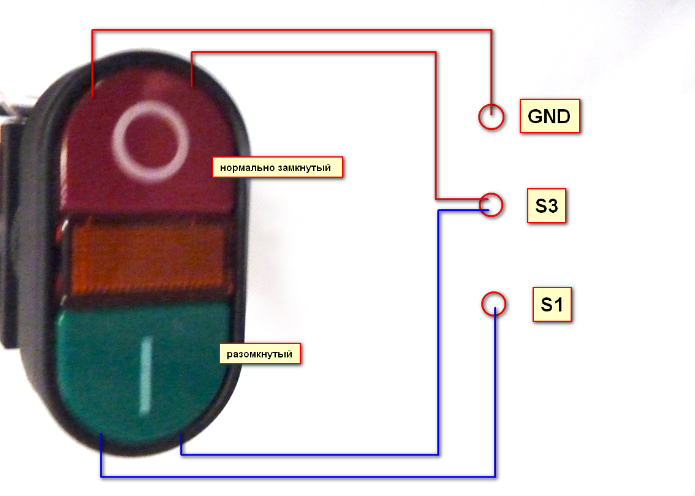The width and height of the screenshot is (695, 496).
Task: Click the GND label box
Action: pyautogui.click(x=549, y=116)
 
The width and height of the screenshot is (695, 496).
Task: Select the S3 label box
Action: pyautogui.click(x=546, y=207)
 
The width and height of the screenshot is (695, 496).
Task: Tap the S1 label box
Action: pyautogui.click(x=552, y=304)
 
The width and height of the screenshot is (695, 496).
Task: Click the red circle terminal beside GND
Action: pyautogui.click(x=491, y=116)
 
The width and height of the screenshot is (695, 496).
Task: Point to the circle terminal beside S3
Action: pyautogui.click(x=491, y=205)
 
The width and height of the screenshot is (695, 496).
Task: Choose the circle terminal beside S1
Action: pyautogui.click(x=493, y=304)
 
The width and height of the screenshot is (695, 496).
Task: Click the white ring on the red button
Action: pyautogui.click(x=151, y=143)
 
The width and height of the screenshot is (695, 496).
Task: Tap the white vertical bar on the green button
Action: pyautogui.click(x=145, y=373)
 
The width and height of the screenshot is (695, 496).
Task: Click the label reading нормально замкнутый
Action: pyautogui.click(x=277, y=167)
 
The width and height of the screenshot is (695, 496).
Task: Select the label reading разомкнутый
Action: pyautogui.click(x=260, y=354)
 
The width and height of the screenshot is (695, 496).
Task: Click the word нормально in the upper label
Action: pyautogui.click(x=247, y=167)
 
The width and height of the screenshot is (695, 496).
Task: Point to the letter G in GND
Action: pyautogui.click(x=534, y=116)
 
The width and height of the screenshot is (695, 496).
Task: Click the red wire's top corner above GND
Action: pyautogui.click(x=491, y=29)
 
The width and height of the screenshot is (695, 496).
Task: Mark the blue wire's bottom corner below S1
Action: pyautogui.click(x=494, y=476)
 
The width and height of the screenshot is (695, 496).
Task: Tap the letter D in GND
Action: pyautogui.click(x=564, y=116)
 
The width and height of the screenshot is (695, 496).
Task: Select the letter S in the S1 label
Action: pyautogui.click(x=546, y=304)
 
